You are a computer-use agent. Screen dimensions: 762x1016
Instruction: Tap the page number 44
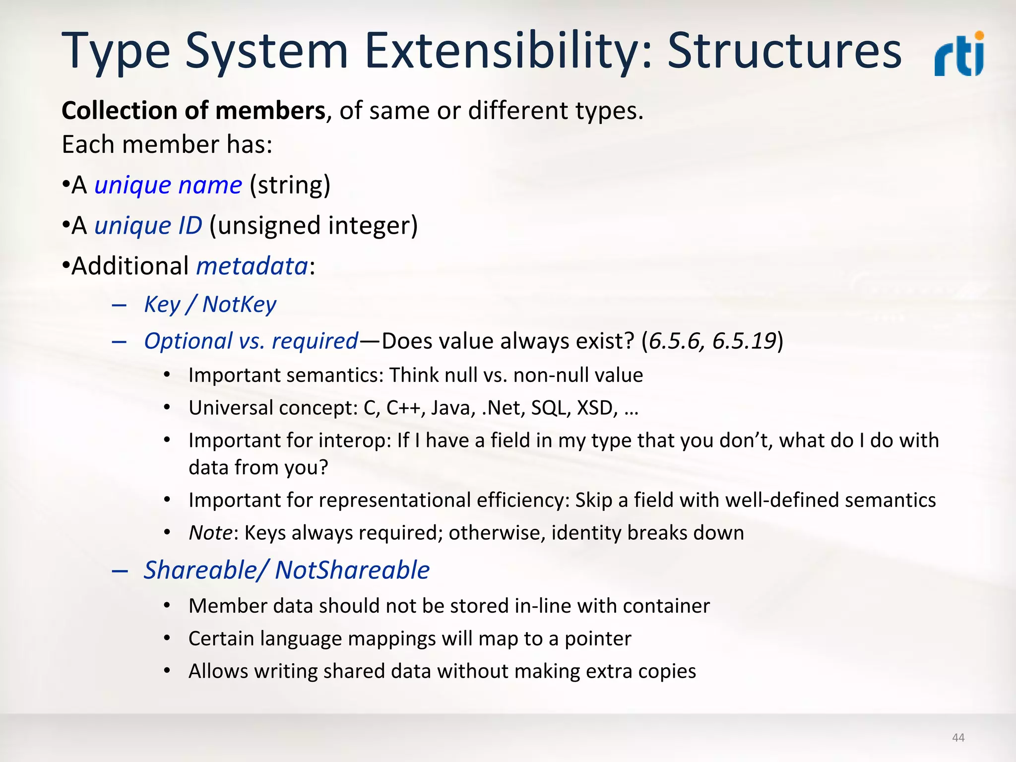click(x=958, y=738)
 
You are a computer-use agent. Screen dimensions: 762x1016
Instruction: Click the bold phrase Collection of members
click(x=193, y=111)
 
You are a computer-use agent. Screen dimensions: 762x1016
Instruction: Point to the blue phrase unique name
click(x=168, y=186)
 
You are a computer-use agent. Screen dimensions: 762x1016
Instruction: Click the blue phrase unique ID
click(x=148, y=226)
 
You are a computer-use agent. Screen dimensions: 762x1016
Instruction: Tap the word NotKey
click(x=239, y=304)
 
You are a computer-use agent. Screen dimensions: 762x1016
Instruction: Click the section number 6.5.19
click(x=744, y=341)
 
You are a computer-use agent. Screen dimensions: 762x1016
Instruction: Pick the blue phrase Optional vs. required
click(x=251, y=341)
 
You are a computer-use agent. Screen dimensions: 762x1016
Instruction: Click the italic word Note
click(x=210, y=533)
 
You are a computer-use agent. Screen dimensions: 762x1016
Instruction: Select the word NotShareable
click(x=352, y=570)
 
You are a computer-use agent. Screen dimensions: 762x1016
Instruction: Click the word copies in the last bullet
click(x=667, y=672)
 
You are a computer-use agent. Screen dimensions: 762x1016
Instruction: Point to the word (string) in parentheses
click(x=290, y=186)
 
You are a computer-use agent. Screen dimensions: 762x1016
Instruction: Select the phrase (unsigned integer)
click(x=314, y=226)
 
